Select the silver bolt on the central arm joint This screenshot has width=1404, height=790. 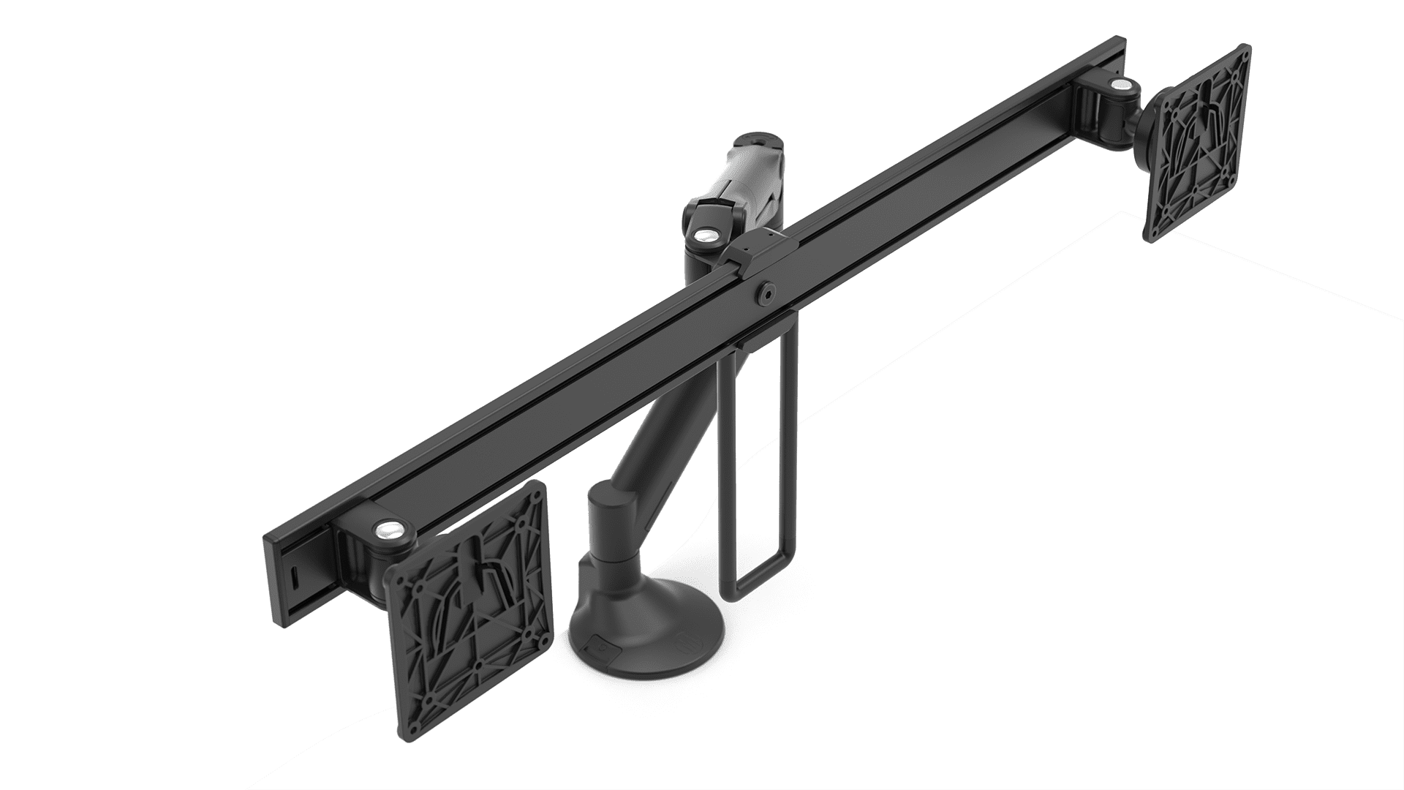coord(705,236)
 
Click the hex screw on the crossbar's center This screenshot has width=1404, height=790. coord(767,291)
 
